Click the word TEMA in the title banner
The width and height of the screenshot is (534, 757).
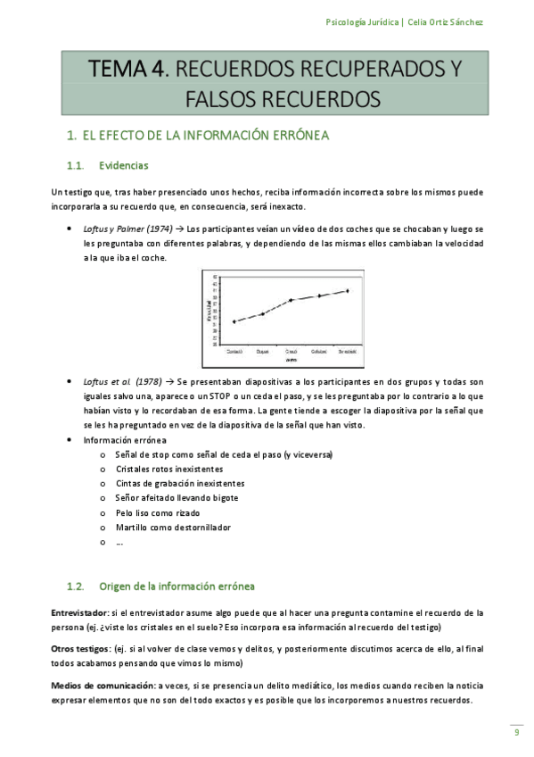[x=126, y=67]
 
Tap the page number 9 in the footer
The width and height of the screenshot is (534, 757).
[x=516, y=733]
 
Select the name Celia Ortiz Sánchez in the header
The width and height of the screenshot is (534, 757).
[x=445, y=21]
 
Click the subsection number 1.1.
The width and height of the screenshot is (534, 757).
[x=76, y=166]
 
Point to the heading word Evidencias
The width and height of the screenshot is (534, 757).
[x=124, y=166]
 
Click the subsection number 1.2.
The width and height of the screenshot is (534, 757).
[x=76, y=586]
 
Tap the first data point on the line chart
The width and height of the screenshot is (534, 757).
[x=234, y=321]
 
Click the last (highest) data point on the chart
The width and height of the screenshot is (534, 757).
[x=348, y=290]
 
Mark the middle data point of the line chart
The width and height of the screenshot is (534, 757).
[x=291, y=300]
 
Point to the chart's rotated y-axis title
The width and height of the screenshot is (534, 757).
[x=209, y=308]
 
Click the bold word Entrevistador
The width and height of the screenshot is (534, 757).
[x=78, y=613]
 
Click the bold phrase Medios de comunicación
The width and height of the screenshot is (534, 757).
[x=103, y=686]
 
